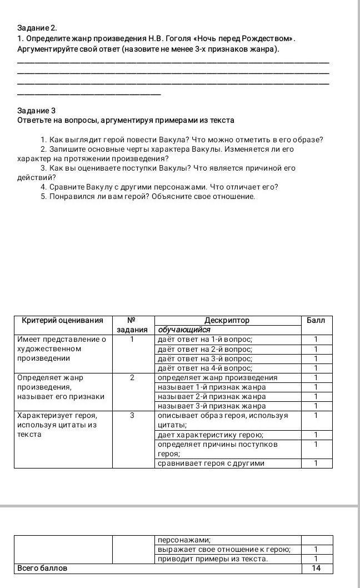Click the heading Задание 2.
tap(37, 28)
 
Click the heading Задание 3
tap(37, 111)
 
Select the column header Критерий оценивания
tap(63, 321)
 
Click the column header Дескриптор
tap(227, 321)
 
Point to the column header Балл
tap(316, 321)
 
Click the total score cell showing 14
tap(317, 569)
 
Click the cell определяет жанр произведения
tap(217, 378)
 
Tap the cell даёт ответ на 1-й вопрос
tap(205, 340)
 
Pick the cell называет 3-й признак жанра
tap(212, 406)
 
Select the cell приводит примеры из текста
tap(213, 559)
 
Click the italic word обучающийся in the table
tap(184, 330)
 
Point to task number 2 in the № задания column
tap(132, 378)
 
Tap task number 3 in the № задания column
tap(132, 416)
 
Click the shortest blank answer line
tap(89, 94)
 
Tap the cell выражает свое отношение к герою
tap(224, 550)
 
